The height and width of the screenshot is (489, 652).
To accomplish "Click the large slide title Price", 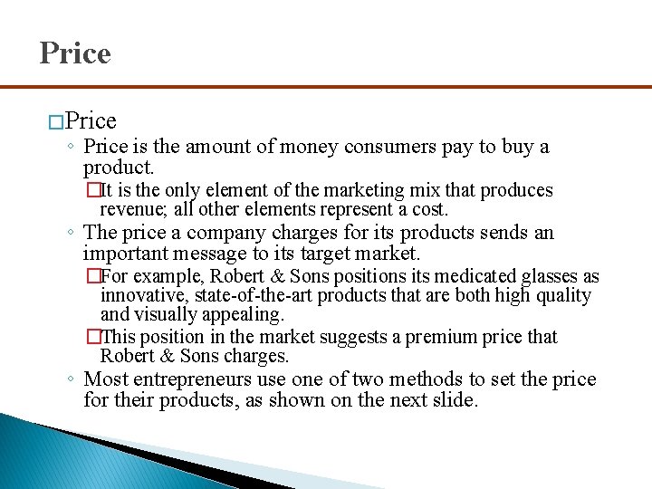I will tap(75, 53).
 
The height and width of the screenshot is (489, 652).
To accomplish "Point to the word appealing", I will tap(241, 315).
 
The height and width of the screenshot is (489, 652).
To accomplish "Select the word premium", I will tap(435, 337).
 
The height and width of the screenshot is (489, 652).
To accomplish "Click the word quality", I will tap(559, 296).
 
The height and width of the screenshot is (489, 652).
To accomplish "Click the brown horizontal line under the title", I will tap(326, 87).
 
